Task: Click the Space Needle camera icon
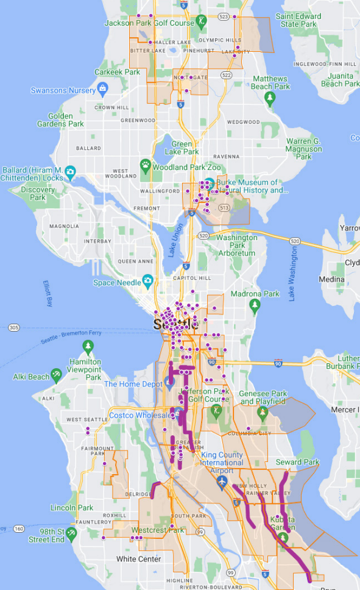[x=147, y=281]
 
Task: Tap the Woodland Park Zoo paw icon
[x=146, y=165]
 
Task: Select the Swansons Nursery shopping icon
[x=103, y=90]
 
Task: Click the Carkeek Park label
[x=118, y=72]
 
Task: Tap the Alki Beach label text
[x=31, y=377]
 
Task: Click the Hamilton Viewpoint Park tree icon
[x=88, y=347]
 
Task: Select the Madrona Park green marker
[x=255, y=304]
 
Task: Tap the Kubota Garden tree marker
[x=283, y=537]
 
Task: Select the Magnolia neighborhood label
[x=64, y=226]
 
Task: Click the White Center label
[x=139, y=559]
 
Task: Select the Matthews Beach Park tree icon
[x=269, y=99]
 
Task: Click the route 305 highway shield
[x=14, y=327]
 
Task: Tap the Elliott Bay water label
[x=49, y=293]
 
